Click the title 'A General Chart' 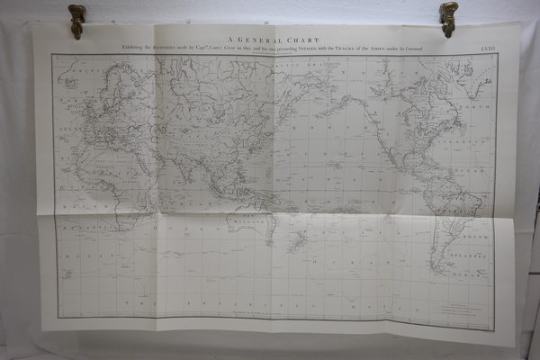pos(269,38)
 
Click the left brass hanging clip pos(77,19)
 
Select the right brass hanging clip pos(448,16)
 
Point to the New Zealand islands pos(297,240)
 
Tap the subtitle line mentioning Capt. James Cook pos(270,47)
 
